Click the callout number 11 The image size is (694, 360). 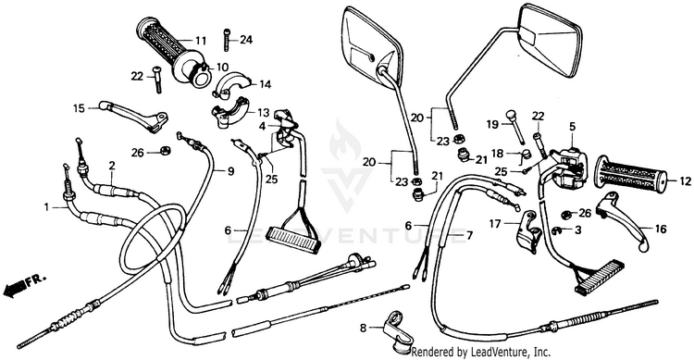coord(201,41)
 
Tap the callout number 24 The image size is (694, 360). coord(246,40)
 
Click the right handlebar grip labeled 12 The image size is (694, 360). coord(631,177)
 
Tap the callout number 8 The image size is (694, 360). coord(364,329)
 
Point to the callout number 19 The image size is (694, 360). coord(492,124)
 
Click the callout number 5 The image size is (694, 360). coord(572,126)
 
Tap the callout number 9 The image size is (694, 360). coord(231,171)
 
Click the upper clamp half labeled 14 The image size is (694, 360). coord(231,84)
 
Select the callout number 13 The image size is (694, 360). coord(264,112)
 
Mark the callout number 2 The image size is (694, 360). coord(112,166)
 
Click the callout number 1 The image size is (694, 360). coord(46,206)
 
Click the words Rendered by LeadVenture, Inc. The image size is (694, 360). coord(481,353)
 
